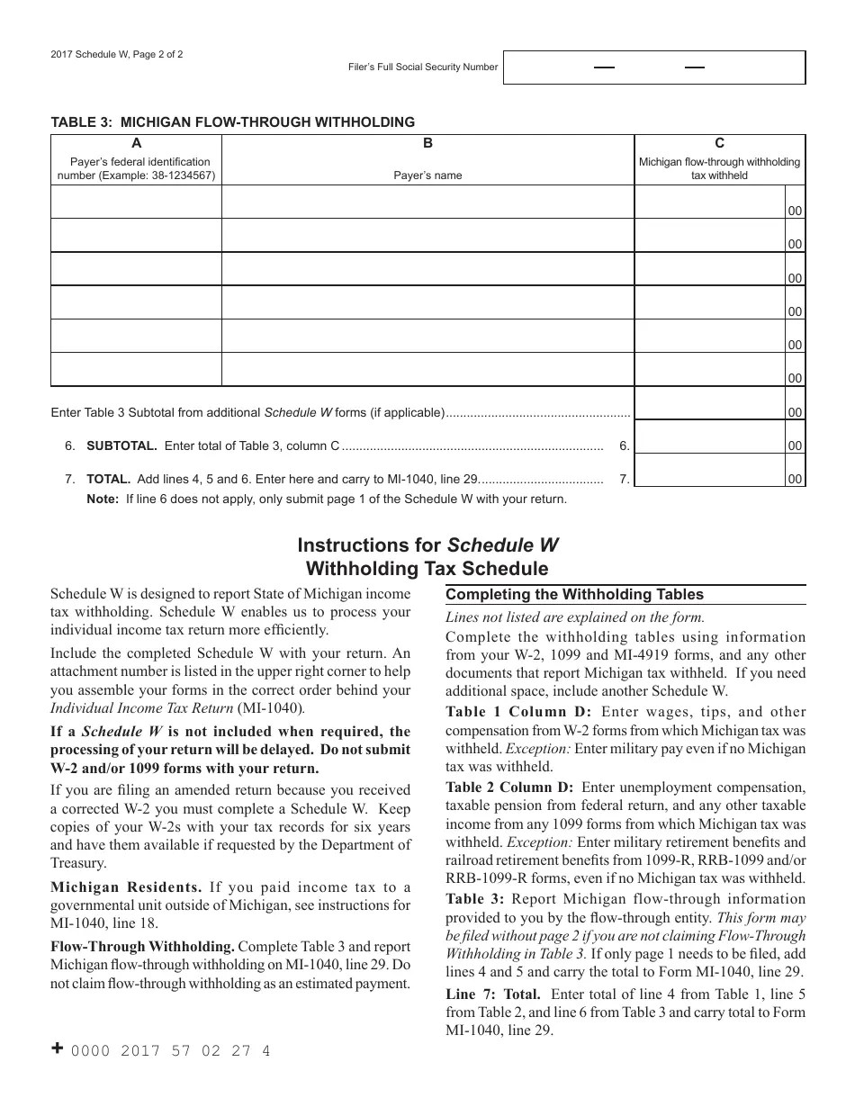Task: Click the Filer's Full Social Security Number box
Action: point(654,67)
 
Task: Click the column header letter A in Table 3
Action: point(136,143)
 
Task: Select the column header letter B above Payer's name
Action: point(428,143)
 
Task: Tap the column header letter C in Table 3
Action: point(719,143)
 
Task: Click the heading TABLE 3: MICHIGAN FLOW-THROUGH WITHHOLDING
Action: point(233,121)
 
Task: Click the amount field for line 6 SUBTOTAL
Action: point(709,445)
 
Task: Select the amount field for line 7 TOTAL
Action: point(709,478)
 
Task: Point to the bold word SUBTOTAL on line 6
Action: point(121,445)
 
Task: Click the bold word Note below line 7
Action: point(103,499)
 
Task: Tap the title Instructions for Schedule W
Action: point(427,545)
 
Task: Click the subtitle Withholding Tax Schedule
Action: point(427,569)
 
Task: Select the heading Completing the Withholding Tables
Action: point(574,594)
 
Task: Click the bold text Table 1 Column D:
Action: point(518,712)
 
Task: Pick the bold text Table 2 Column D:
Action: point(518,787)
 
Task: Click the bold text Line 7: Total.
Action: point(493,994)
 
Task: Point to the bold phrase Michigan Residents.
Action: point(126,887)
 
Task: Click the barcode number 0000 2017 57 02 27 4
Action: point(170,1050)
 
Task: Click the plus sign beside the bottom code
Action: point(58,1048)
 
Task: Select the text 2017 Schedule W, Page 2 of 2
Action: point(117,54)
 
